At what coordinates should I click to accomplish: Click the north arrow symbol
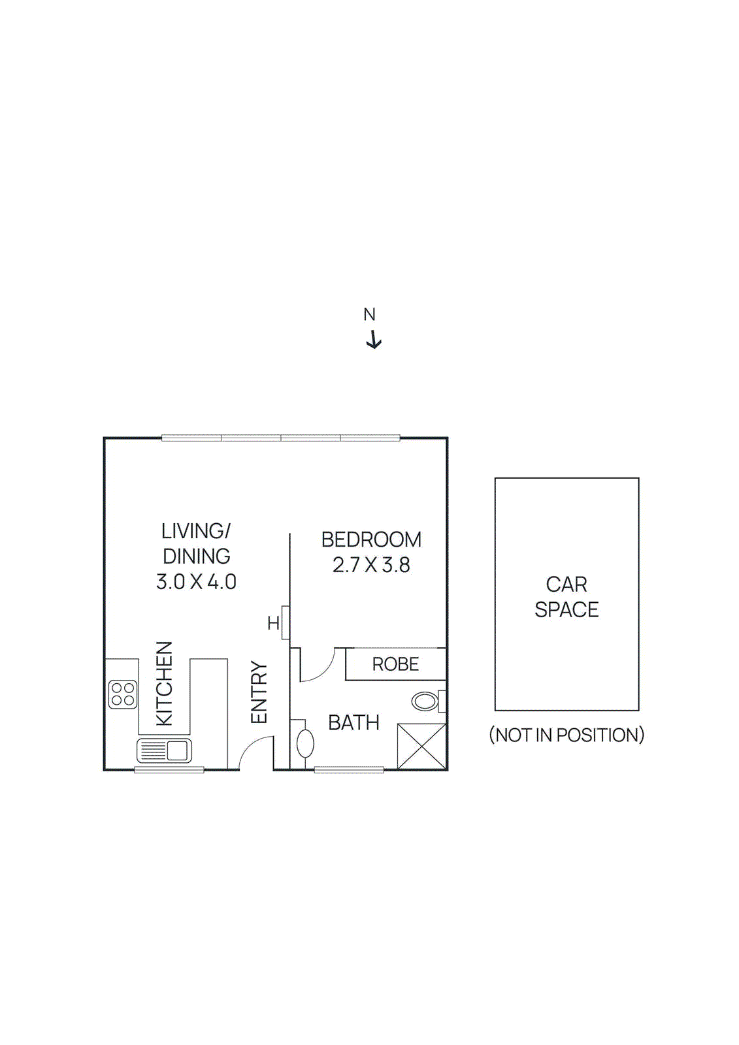(373, 340)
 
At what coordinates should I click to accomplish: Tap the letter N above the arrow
(369, 315)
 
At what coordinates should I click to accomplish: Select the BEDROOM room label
(371, 539)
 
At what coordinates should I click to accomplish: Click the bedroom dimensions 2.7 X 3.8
(371, 565)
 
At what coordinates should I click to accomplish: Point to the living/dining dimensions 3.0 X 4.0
(196, 581)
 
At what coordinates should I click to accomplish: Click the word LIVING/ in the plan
(196, 531)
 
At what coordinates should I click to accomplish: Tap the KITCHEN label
(165, 683)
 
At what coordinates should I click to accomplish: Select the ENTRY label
(259, 692)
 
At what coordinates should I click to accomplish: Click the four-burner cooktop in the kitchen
(123, 694)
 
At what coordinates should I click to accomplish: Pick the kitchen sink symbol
(164, 750)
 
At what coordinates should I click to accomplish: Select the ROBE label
(395, 664)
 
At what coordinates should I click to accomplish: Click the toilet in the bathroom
(426, 701)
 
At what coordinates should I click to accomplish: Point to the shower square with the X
(421, 746)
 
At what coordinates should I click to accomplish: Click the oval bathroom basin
(305, 744)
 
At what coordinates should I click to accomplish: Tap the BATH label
(353, 723)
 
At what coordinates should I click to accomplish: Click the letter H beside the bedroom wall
(273, 624)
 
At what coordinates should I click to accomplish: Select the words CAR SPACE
(567, 596)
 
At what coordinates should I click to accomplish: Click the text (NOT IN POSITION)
(567, 735)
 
